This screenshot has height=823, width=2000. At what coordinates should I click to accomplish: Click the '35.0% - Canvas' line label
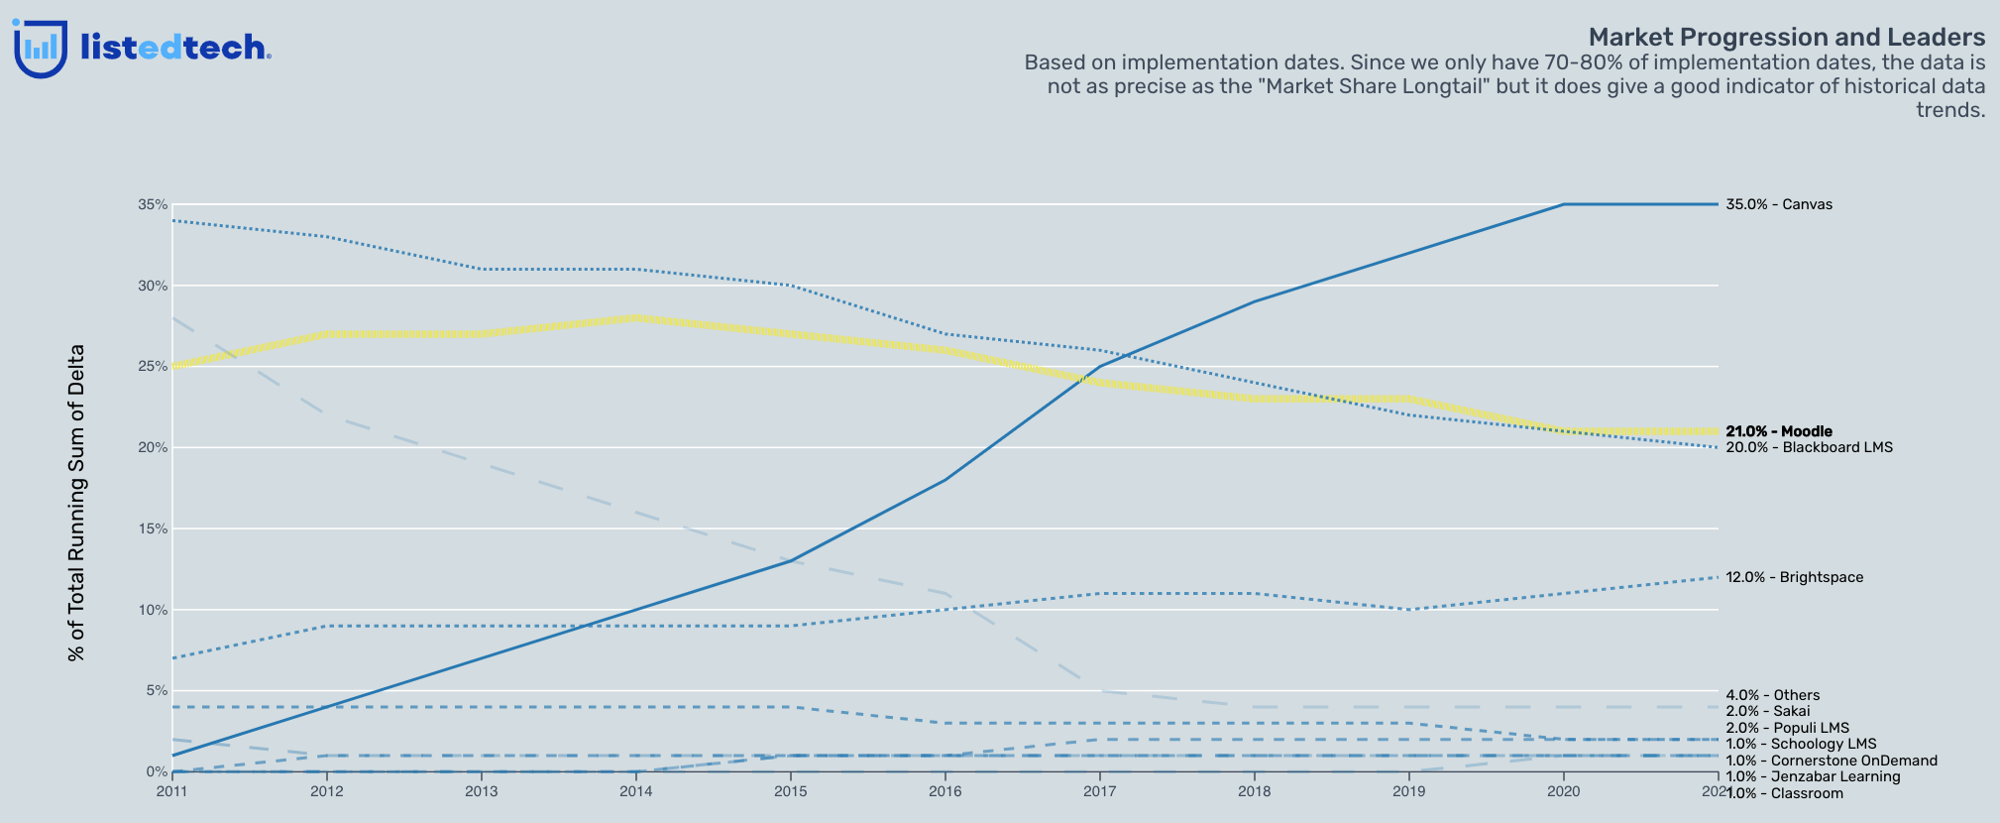1779,205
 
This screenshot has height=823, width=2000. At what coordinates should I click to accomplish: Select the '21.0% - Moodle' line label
1779,431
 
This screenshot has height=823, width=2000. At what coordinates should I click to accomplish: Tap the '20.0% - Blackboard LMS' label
1809,447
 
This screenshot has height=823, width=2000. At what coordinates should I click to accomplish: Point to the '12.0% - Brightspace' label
1794,577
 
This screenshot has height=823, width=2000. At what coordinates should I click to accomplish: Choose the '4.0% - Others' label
1772,695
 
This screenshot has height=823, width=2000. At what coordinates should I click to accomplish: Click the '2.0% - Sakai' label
1767,711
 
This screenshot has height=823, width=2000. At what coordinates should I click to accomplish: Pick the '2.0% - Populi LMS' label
1787,728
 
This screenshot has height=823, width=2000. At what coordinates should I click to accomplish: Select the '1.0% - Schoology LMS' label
1801,744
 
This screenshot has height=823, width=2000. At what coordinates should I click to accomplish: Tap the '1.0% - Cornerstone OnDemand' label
1831,761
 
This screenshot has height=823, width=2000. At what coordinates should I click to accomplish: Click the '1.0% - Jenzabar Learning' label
1813,776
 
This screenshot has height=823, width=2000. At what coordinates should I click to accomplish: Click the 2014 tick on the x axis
635,791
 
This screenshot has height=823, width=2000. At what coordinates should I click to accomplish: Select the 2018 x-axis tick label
1254,791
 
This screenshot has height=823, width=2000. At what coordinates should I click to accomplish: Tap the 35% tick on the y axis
153,204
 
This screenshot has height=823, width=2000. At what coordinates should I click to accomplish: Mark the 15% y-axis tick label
153,529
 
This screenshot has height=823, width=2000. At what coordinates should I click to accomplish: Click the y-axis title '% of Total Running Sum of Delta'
76,503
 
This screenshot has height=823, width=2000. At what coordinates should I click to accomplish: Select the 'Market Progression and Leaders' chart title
1786,38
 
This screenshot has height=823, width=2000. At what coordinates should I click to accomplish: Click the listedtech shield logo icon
41,49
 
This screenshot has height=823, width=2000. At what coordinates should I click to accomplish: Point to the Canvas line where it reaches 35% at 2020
1564,204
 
